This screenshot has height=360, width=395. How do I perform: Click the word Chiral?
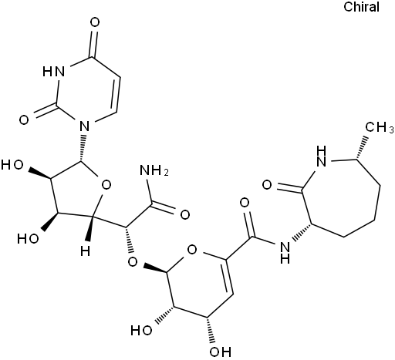coord(361,7)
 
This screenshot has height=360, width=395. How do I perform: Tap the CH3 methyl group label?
coord(380,127)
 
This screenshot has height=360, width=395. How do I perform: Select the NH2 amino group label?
coord(154,170)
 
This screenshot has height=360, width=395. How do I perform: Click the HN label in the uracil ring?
coord(54,71)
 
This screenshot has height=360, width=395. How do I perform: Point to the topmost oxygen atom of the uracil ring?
coord(95,22)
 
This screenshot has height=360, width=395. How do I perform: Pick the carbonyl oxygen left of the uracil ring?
coord(24,119)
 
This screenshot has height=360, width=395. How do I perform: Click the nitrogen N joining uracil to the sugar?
coord(84,126)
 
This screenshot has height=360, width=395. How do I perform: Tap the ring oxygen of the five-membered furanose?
coord(106,185)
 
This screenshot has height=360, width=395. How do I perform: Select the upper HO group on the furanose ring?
coord(12,165)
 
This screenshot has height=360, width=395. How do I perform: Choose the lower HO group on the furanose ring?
coord(28,239)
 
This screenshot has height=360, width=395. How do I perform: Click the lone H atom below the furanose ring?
coord(86,251)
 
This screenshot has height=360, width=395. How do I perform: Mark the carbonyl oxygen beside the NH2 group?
coord(185,214)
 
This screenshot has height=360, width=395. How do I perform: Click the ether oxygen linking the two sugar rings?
coord(133,262)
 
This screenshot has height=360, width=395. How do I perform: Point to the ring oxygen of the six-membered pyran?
coord(192,249)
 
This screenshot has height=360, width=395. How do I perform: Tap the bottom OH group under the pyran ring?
coord(220,352)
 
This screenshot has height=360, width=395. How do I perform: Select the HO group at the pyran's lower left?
coord(141,330)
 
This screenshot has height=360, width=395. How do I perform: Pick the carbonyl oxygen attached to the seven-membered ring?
coord(267,185)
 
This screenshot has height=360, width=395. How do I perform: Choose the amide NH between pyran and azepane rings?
coord(285,253)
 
